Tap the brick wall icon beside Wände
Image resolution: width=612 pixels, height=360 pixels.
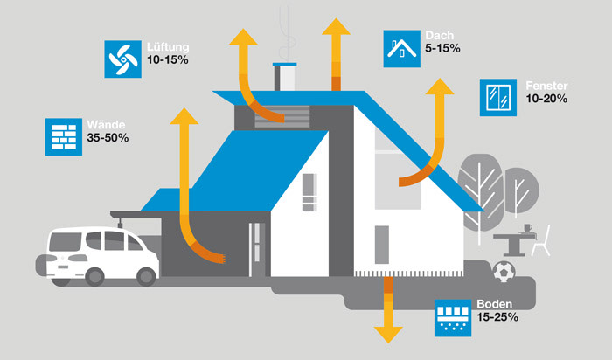pos(60,136)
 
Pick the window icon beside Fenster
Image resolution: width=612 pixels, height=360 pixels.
pos(497,98)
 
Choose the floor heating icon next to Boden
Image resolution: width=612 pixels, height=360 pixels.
pos(452,318)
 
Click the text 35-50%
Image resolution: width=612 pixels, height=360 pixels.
pos(108,139)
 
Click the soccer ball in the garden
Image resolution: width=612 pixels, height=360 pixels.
pos(504,272)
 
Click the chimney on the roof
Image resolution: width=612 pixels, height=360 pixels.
pos(286,77)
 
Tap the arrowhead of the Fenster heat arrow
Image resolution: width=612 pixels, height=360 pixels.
pos(441,85)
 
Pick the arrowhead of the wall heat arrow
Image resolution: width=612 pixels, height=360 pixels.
pos(184,115)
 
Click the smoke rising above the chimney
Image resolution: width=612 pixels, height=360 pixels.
pos(284,31)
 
